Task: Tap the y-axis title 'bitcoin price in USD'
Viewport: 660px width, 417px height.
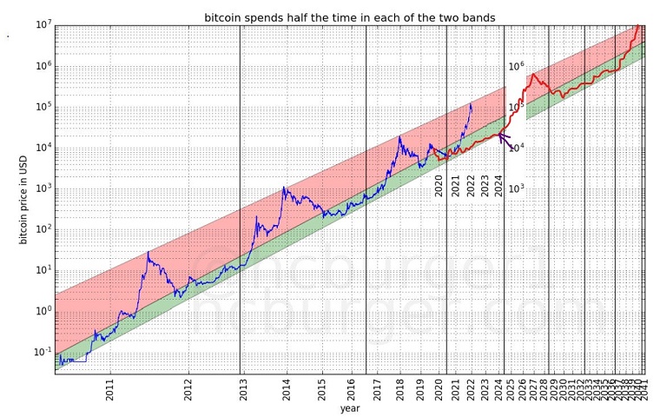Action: click(24, 198)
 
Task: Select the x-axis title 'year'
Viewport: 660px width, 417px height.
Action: click(350, 407)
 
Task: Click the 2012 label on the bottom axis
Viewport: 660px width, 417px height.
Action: click(188, 388)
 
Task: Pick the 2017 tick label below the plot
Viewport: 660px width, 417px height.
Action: click(377, 388)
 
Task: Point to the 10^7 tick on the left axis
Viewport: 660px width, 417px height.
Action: click(42, 24)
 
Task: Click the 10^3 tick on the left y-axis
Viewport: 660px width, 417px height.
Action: click(42, 188)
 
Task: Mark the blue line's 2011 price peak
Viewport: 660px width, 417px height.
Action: click(148, 252)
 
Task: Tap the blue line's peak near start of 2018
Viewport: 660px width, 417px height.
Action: click(399, 137)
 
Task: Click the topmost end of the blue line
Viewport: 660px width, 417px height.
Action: click(471, 104)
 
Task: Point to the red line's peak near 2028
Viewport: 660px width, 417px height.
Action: click(531, 75)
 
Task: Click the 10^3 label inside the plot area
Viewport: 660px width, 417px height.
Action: click(515, 188)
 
